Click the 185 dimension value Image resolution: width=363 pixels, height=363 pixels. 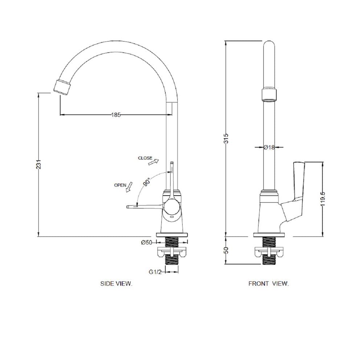[116, 115]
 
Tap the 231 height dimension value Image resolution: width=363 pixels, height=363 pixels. [39, 164]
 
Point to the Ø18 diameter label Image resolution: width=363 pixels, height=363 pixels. [269, 147]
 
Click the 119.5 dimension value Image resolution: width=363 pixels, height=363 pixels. [323, 199]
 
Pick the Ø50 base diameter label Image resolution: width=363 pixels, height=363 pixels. [147, 242]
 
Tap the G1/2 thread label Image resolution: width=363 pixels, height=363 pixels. [155, 272]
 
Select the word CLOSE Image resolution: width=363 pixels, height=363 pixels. [145, 158]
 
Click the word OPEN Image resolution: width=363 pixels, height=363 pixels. [120, 185]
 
